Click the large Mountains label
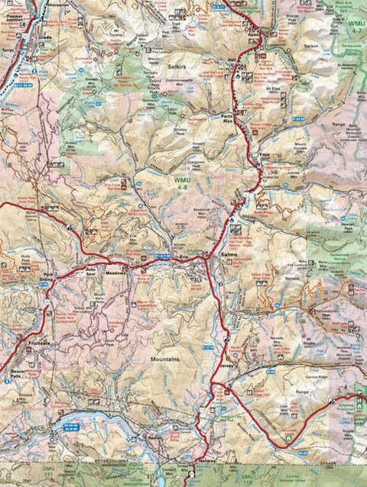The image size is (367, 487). click(x=164, y=358)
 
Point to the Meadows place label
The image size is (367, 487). click(x=114, y=272)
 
